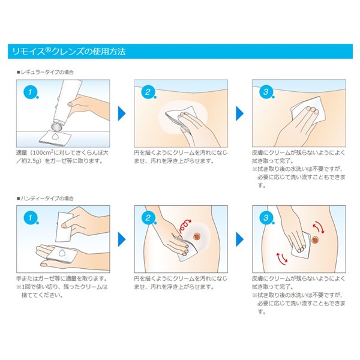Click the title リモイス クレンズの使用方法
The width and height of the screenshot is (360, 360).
click(x=69, y=52)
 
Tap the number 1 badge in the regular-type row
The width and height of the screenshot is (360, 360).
click(x=31, y=92)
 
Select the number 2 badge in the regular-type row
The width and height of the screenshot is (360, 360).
click(x=148, y=92)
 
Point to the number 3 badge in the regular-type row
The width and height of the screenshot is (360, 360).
click(x=266, y=92)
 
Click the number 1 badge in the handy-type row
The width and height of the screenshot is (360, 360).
click(x=31, y=218)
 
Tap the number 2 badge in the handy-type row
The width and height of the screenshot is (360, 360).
click(x=148, y=218)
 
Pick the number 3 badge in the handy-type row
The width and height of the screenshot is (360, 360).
click(x=266, y=218)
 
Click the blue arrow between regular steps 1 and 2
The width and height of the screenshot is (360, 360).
click(x=122, y=113)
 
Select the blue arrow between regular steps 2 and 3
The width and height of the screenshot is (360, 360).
click(x=239, y=113)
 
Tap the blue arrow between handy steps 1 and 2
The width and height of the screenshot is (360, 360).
click(x=122, y=239)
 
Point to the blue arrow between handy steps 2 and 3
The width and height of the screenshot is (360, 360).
click(x=239, y=239)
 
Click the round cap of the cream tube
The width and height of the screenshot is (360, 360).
click(x=57, y=126)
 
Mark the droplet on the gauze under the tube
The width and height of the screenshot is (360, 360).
click(x=55, y=137)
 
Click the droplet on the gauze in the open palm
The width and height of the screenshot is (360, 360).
click(x=62, y=253)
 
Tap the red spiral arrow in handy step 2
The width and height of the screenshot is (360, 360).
click(x=184, y=226)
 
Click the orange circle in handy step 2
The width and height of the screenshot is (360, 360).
click(x=197, y=236)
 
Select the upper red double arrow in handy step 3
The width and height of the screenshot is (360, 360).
click(x=319, y=227)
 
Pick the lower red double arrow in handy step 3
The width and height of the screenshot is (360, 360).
click(x=282, y=257)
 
